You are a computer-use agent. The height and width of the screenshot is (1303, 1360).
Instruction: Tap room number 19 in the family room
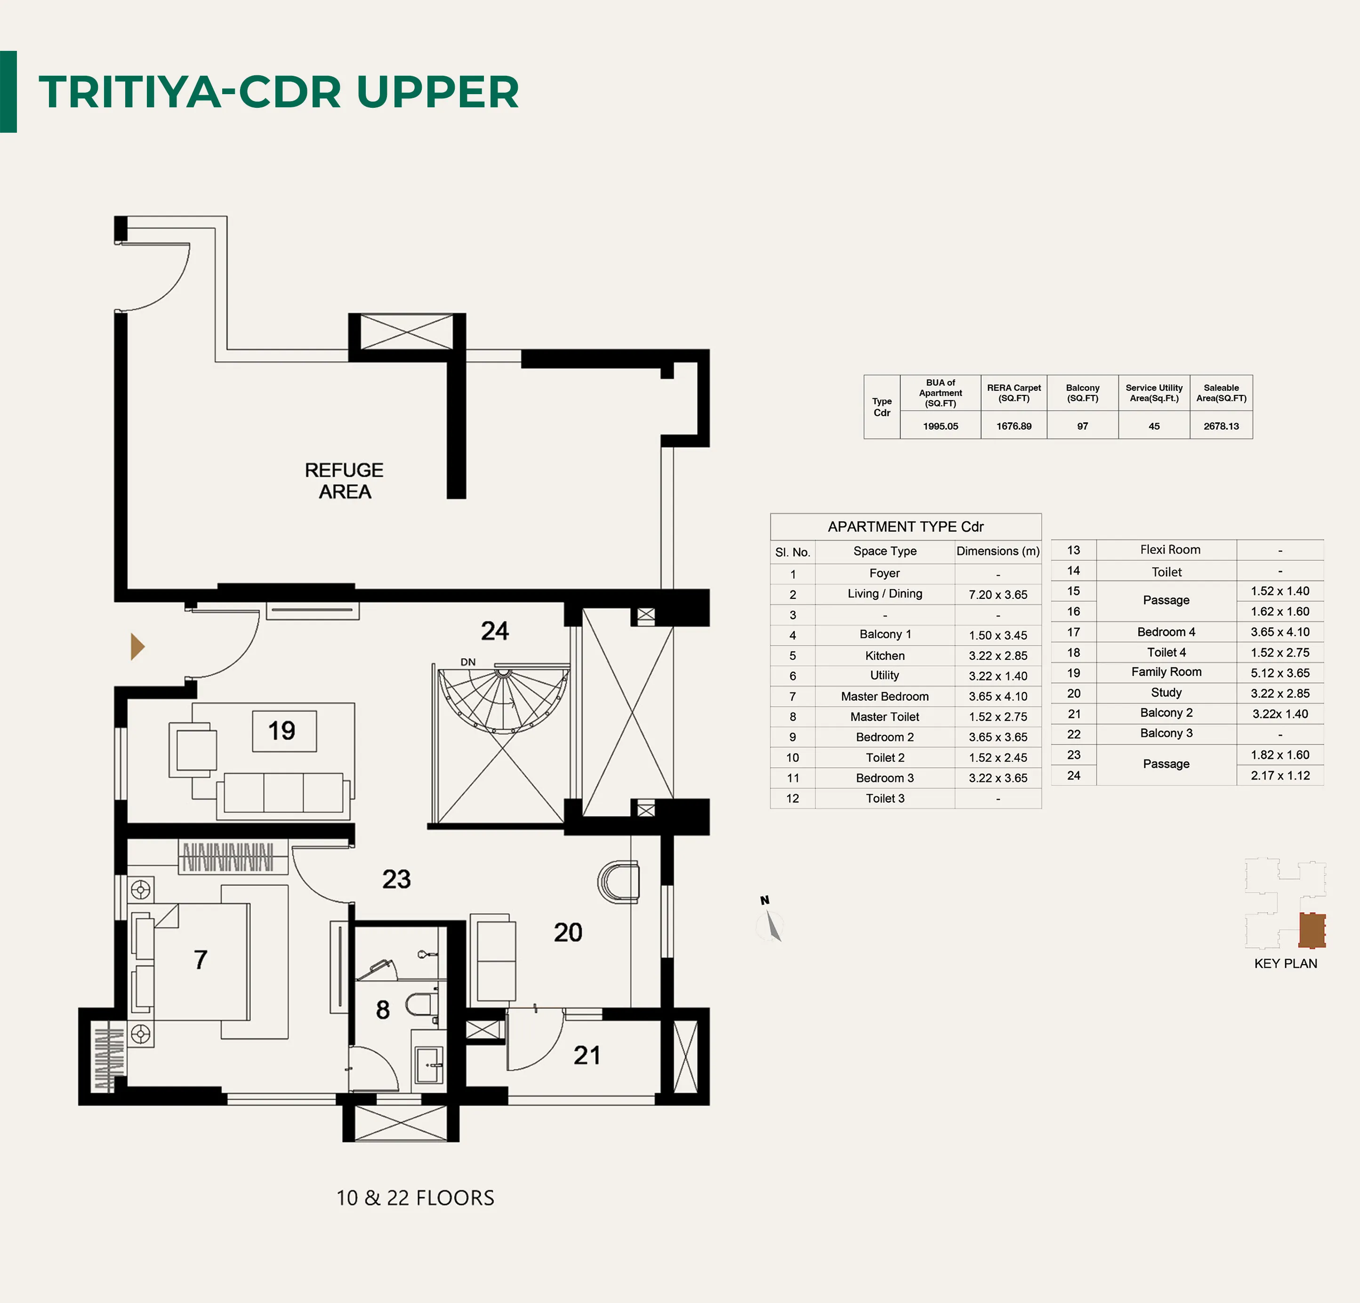click(282, 731)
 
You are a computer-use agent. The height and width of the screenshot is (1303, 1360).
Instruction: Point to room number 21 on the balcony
click(587, 1055)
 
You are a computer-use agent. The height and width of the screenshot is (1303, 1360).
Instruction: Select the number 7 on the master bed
click(201, 959)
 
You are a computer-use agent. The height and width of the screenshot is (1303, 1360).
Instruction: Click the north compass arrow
click(773, 925)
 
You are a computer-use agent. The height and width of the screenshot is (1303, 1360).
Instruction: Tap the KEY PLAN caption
click(1285, 963)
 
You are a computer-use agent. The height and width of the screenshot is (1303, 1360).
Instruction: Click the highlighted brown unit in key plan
click(1312, 931)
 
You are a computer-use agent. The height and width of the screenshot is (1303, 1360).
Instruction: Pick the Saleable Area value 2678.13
click(1221, 426)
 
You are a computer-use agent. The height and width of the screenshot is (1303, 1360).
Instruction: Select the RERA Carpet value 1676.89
click(1014, 426)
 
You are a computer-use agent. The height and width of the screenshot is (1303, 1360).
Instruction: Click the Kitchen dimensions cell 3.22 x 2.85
click(998, 656)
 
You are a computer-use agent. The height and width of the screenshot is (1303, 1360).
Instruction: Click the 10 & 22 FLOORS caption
click(415, 1198)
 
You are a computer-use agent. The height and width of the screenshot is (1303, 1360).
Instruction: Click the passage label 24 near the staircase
click(495, 631)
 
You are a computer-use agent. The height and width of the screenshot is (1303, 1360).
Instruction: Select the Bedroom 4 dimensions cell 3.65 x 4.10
click(1280, 631)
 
